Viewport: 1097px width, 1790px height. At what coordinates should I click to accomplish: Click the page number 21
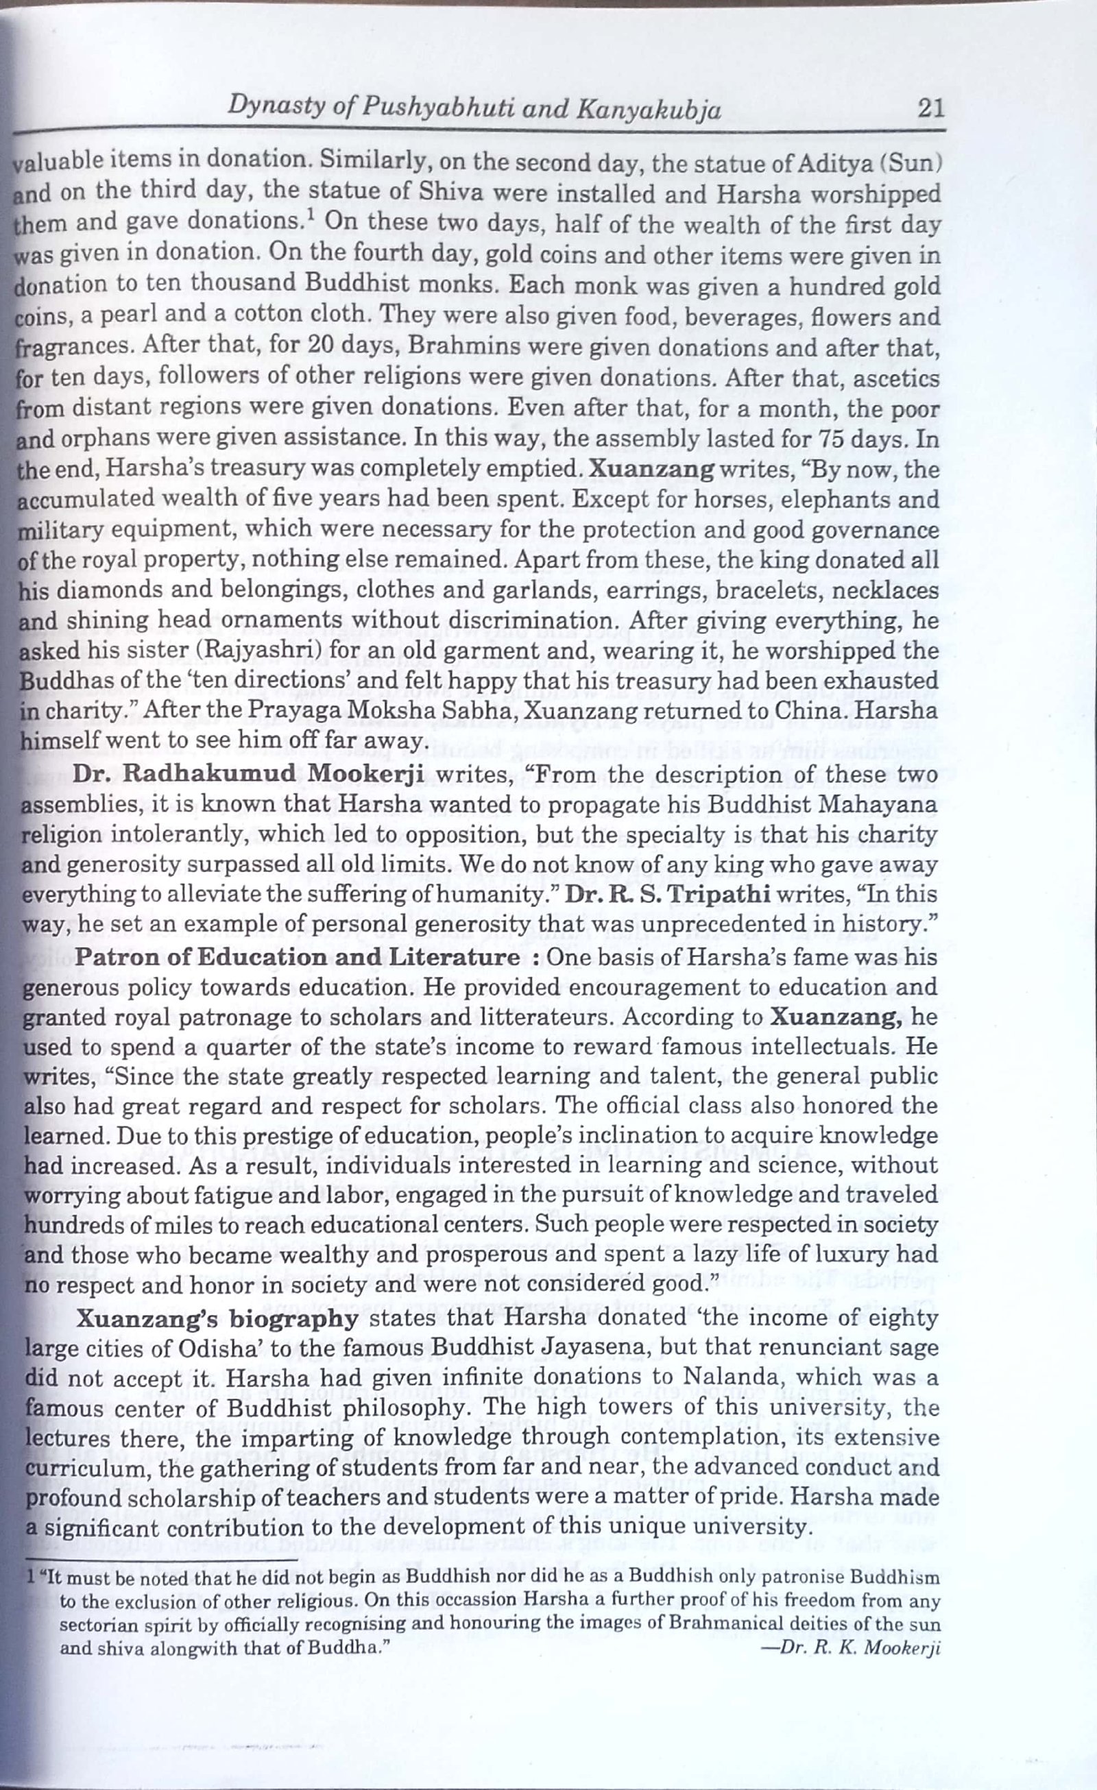pyautogui.click(x=930, y=109)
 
